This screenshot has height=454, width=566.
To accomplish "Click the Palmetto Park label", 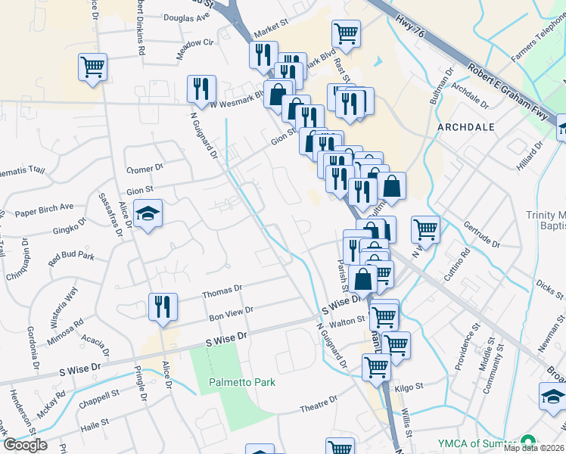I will click(x=242, y=382).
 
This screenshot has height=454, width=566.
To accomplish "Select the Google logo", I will click(x=25, y=445).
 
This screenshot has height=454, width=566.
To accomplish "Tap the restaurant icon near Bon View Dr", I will click(x=163, y=306).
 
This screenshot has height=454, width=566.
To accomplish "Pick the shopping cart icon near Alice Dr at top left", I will click(x=92, y=67).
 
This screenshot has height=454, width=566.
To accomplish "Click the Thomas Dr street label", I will click(x=222, y=288).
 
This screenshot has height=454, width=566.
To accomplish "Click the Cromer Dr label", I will click(x=145, y=168).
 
